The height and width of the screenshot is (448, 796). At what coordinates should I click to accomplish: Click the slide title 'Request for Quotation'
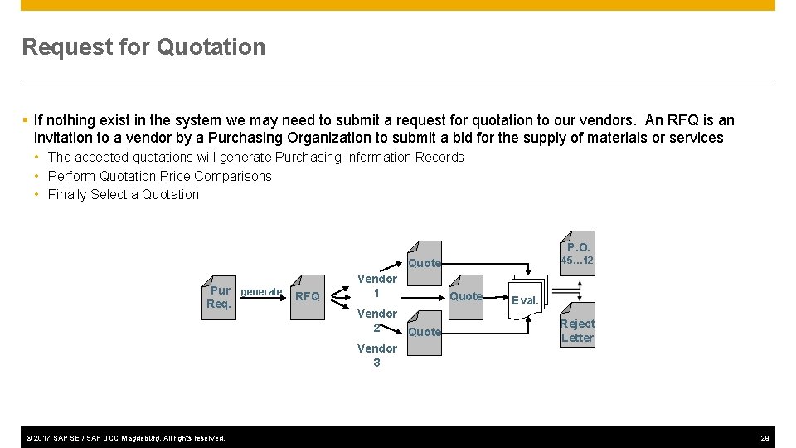coord(143,47)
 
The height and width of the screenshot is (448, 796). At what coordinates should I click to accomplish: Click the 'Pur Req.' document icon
coord(220,297)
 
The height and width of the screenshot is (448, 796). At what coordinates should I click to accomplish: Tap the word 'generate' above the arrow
coord(261,292)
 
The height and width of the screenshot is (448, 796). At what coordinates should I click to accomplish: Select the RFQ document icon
coord(308,295)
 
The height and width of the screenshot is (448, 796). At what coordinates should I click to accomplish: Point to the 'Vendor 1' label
coord(376,286)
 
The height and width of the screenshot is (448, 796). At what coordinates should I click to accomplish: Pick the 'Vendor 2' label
coord(376,320)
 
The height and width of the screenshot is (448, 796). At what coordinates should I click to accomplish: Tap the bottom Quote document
coord(425,332)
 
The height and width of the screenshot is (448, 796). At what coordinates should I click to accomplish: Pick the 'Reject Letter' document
coord(577,330)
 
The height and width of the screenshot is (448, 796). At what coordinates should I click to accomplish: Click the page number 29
coord(764,437)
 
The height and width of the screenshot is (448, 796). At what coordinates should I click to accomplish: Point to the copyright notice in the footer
coord(124,437)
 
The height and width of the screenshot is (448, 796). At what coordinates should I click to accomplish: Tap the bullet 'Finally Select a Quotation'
coord(124,195)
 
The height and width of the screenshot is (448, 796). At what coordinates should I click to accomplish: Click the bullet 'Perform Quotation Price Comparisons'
coord(159,176)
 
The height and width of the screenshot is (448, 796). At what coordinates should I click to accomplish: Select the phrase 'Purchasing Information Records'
coord(369,158)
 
